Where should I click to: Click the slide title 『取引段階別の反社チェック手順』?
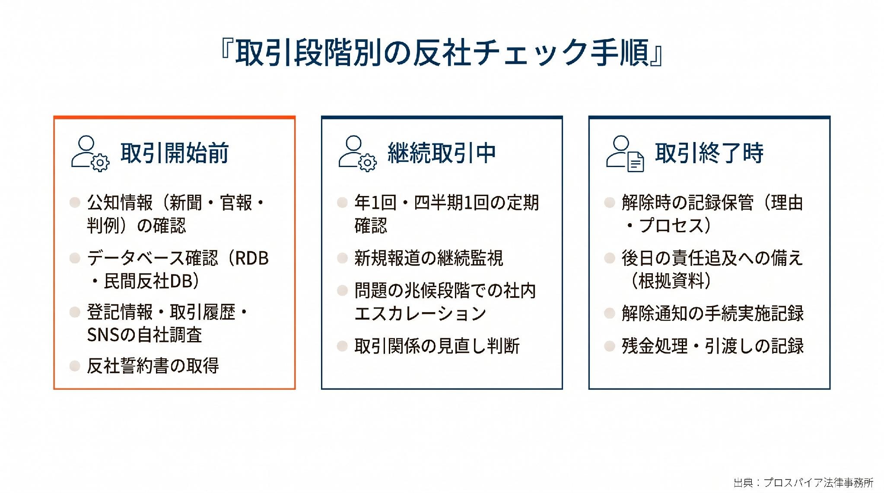(x=442, y=53)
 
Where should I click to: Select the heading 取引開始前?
(x=175, y=153)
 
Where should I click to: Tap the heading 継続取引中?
(x=442, y=153)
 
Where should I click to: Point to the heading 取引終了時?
(x=709, y=153)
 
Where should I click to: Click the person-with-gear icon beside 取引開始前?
(x=90, y=154)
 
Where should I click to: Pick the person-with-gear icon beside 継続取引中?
(x=357, y=154)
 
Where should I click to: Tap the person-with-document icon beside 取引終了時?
(x=625, y=154)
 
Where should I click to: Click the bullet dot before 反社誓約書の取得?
(x=75, y=366)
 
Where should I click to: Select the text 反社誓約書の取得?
(x=153, y=366)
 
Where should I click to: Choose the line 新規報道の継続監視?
(x=429, y=258)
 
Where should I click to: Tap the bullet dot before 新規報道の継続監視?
(x=342, y=258)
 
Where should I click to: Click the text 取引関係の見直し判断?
(x=437, y=346)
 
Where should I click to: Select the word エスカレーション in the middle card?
(x=420, y=313)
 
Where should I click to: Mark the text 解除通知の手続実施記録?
(x=712, y=313)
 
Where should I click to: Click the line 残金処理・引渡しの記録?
(x=712, y=346)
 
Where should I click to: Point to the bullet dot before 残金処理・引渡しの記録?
(x=610, y=346)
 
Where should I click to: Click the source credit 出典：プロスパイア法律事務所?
(x=804, y=482)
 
